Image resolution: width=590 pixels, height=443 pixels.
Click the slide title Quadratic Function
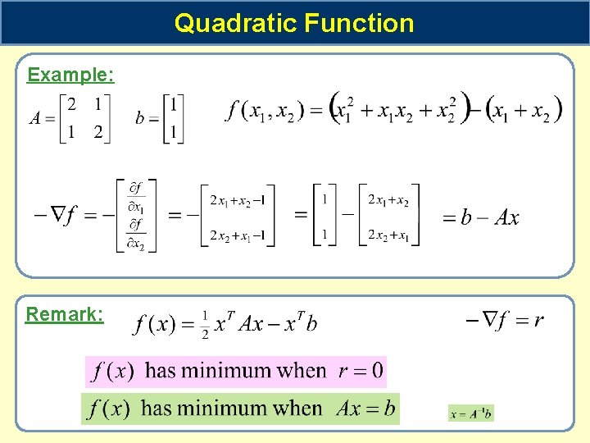[x=294, y=22]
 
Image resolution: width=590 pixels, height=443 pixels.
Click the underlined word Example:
[x=70, y=75]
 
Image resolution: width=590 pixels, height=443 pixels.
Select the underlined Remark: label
[x=65, y=314]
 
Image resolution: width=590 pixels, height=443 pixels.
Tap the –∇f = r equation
[x=504, y=320]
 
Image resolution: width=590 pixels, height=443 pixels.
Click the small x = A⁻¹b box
[x=471, y=413]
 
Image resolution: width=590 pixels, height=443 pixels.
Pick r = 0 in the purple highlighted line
[x=361, y=371]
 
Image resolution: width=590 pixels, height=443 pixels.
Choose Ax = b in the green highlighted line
[x=365, y=408]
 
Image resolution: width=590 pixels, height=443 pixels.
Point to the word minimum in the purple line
[x=229, y=371]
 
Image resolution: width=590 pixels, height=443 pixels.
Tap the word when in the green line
[x=298, y=408]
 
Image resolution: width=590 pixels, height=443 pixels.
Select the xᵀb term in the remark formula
[x=300, y=323]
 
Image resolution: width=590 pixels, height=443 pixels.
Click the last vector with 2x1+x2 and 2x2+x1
[x=388, y=217]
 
